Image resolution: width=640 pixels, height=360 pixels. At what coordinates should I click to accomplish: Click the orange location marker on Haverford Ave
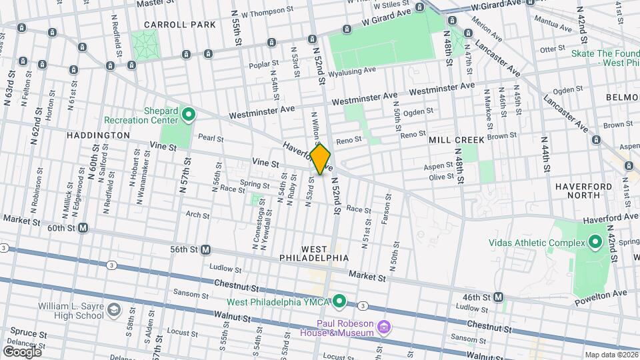320,159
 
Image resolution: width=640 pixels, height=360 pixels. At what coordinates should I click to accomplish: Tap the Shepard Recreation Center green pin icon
189,115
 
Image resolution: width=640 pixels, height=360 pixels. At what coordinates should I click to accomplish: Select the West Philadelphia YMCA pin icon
339,303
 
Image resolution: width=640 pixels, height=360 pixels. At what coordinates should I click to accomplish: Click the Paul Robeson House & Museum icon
383,327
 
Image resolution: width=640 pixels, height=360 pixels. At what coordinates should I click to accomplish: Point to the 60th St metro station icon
83,228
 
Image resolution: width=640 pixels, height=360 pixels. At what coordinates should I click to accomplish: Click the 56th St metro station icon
206,249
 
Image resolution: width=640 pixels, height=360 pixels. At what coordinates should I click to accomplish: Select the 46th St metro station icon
498,297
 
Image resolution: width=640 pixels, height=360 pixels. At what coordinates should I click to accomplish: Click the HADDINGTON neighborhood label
98,135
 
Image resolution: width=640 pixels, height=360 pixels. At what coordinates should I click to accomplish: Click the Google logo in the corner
22,351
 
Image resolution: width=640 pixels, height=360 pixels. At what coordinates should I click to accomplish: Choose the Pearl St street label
210,139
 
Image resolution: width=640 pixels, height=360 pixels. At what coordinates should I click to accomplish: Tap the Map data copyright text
611,355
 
